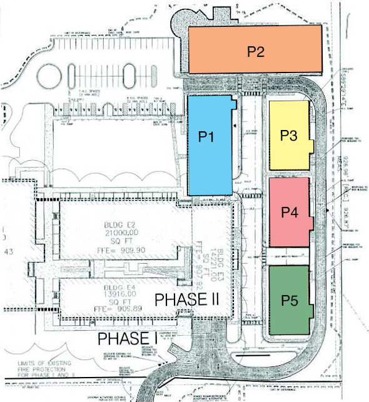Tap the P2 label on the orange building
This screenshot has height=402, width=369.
[255, 51]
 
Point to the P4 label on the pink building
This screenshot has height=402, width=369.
[289, 213]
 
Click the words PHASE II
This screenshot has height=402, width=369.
[187, 299]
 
